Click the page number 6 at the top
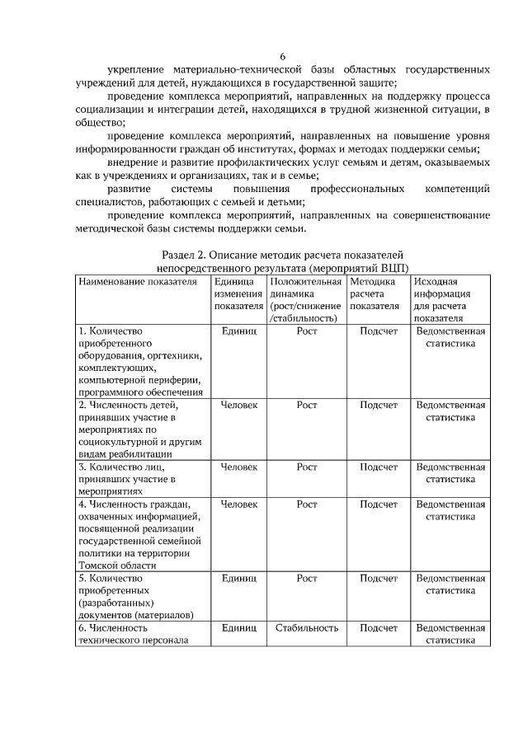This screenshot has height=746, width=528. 281,56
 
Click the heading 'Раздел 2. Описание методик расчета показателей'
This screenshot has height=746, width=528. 282,256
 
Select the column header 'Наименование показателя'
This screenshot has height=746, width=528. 138,282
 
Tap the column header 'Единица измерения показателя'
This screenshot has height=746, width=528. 238,294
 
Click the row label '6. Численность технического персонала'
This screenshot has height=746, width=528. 133,634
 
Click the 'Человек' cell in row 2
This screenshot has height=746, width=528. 239,406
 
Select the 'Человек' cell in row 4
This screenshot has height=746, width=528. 239,504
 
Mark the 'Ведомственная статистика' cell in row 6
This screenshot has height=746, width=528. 450,634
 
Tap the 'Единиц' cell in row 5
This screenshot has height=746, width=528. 239,579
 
